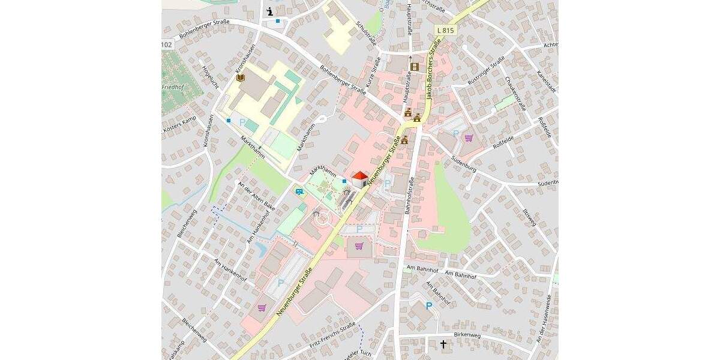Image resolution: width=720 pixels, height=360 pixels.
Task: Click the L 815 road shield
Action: click(445, 30)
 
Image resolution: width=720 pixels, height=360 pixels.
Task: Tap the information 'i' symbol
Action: click(270, 11)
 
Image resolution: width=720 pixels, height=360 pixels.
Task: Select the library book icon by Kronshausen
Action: click(241, 79)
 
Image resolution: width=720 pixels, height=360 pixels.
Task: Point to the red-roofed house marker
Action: click(359, 179)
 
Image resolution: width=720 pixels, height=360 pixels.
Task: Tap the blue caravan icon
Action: click(299, 192)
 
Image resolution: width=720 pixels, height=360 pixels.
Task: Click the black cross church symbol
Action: click(443, 344)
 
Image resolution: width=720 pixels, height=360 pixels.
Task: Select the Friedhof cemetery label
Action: click(172, 88)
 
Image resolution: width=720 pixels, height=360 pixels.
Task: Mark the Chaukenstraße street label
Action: click(515, 94)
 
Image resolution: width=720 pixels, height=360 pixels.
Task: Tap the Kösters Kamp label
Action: click(179, 125)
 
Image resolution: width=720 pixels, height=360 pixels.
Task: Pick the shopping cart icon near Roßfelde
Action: click(469, 138)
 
